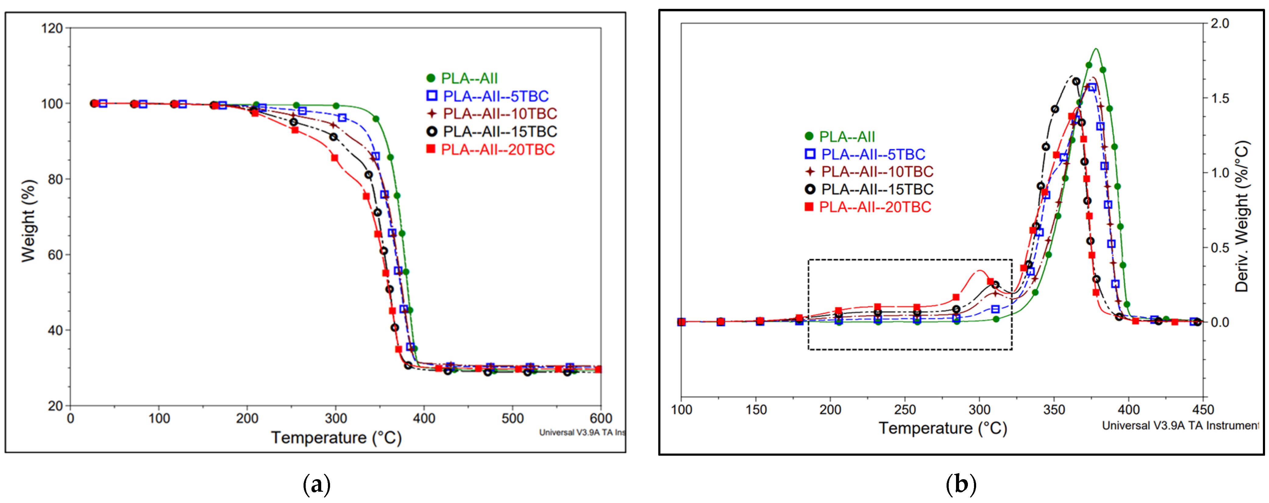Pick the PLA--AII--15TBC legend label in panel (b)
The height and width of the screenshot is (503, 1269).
point(877,189)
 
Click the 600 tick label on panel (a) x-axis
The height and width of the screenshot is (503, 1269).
point(600,419)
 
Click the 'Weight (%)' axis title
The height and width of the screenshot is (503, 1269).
point(29,220)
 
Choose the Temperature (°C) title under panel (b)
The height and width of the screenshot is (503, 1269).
point(942,428)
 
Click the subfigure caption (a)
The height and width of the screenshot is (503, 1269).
point(316,485)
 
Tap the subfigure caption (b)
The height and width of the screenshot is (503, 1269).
point(961,485)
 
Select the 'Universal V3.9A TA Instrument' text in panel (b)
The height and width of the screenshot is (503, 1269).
point(1179,425)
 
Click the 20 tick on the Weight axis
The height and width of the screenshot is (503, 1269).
point(55,406)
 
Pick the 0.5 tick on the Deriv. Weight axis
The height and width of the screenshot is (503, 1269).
point(1220,248)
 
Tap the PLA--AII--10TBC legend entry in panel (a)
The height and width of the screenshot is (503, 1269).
point(499,114)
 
